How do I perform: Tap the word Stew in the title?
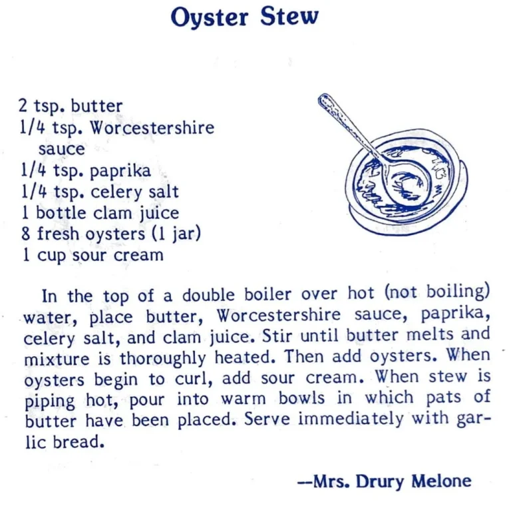click(289, 17)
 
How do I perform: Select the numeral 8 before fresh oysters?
click(25, 234)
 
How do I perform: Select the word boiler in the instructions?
click(271, 295)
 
